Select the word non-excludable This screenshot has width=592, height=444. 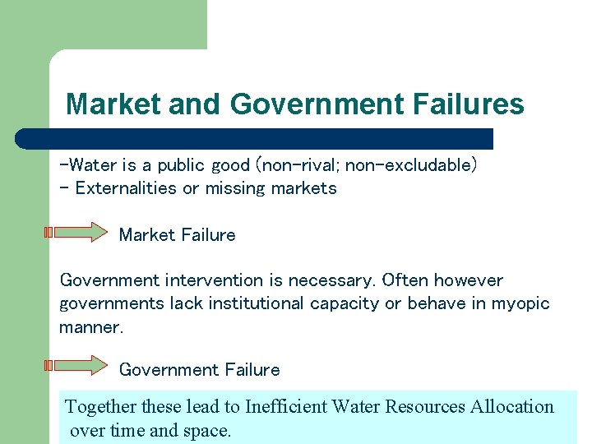[x=410, y=165]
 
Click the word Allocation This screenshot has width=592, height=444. [x=512, y=406]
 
